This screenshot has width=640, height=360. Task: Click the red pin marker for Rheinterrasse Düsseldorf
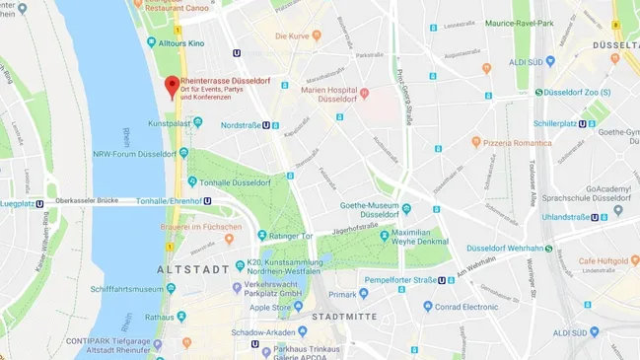point(172,86)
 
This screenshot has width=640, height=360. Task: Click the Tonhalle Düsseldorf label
point(235,182)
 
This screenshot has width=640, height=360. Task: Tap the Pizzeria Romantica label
point(518,142)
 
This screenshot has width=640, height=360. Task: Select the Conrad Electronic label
point(468,306)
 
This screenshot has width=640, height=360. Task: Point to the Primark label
point(342,294)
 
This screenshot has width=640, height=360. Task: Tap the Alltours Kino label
point(181,43)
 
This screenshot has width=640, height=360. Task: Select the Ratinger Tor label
point(292,236)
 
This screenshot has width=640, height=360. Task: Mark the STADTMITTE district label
point(343,317)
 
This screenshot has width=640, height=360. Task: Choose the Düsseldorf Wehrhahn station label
point(504,249)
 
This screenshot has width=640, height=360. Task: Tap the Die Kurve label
point(292,36)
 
